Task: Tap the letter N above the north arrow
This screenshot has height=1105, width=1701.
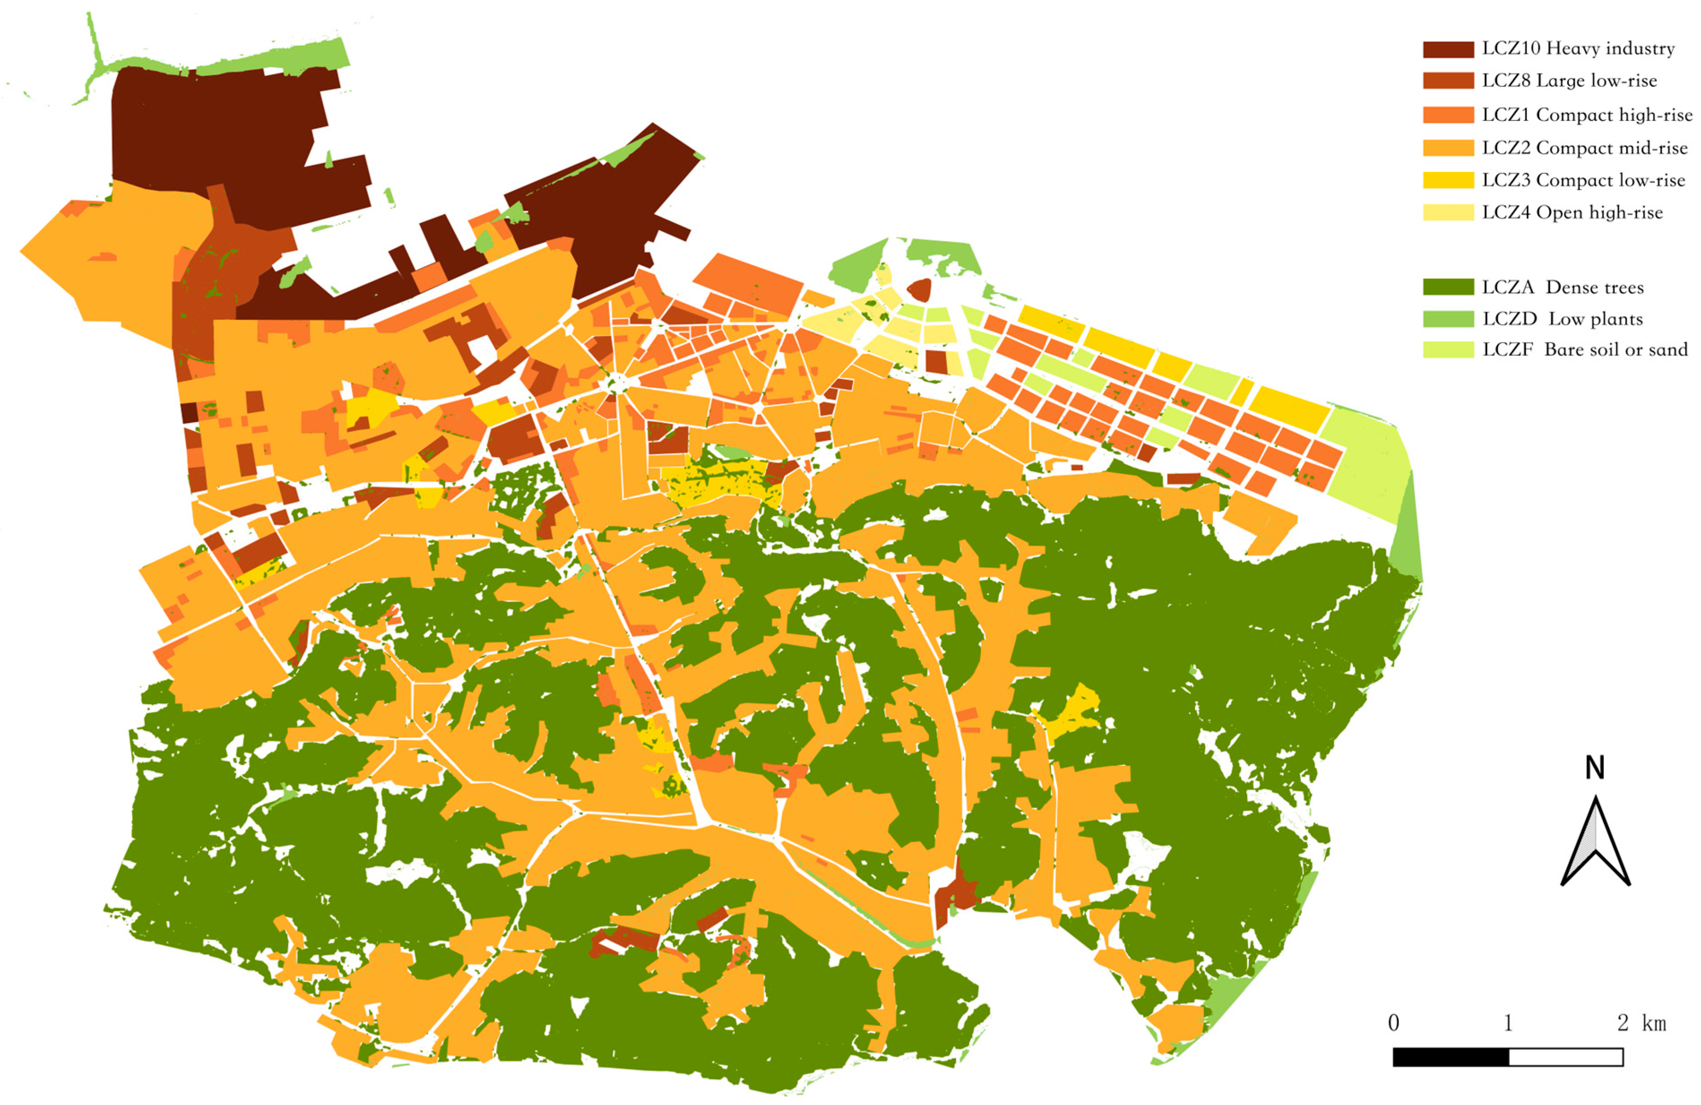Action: pyautogui.click(x=1595, y=768)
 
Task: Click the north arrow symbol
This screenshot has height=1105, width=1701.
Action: pyautogui.click(x=1595, y=843)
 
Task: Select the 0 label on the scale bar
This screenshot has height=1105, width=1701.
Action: pyautogui.click(x=1394, y=1023)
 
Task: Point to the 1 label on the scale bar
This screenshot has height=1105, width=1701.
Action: pyautogui.click(x=1508, y=1023)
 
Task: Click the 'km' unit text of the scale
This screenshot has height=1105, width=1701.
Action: pyautogui.click(x=1654, y=1023)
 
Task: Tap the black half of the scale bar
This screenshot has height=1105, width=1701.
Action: pyautogui.click(x=1451, y=1057)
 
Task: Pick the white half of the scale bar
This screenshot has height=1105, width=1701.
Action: pyautogui.click(x=1566, y=1057)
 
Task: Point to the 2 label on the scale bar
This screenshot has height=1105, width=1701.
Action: pyautogui.click(x=1623, y=1023)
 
